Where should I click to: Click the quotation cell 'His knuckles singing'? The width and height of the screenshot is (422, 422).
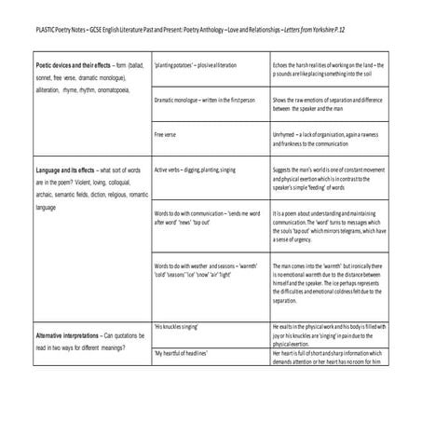(x=178, y=327)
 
